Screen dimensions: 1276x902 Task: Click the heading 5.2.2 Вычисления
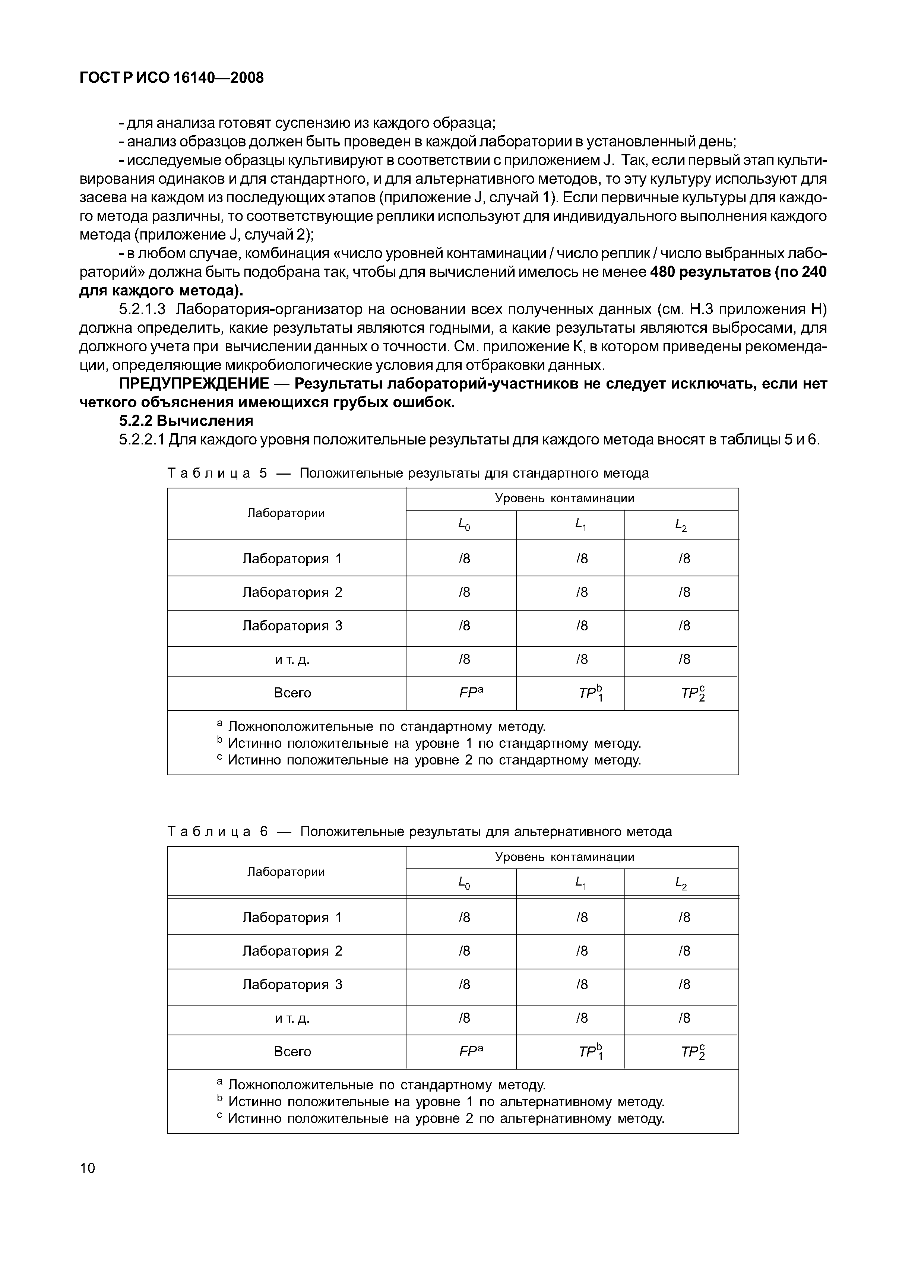coord(186,421)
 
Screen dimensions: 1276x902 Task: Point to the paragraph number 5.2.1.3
coord(143,309)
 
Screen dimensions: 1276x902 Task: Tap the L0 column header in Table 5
coord(463,524)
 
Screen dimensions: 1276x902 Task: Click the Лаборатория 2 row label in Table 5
coord(292,592)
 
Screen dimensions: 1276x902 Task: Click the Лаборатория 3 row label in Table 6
coord(292,984)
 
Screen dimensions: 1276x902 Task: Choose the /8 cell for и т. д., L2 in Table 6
coord(684,1017)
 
